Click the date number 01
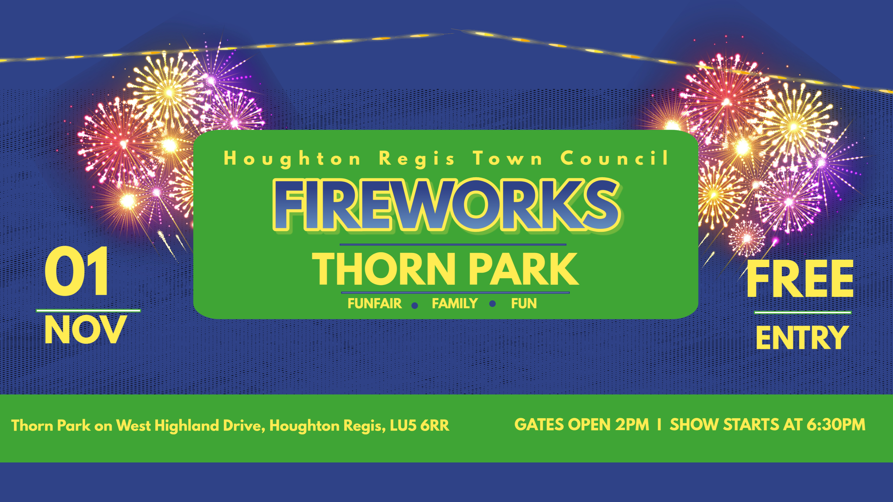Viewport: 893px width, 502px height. (x=77, y=271)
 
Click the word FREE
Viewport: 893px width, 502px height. (x=799, y=279)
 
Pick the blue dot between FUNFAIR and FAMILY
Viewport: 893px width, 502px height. (x=415, y=305)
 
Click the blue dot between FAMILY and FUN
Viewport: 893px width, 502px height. (x=492, y=304)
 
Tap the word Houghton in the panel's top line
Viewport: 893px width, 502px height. (x=292, y=159)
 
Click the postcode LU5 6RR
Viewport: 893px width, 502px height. (x=419, y=425)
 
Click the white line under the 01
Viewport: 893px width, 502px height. (x=88, y=311)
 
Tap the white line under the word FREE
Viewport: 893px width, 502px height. (x=803, y=312)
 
